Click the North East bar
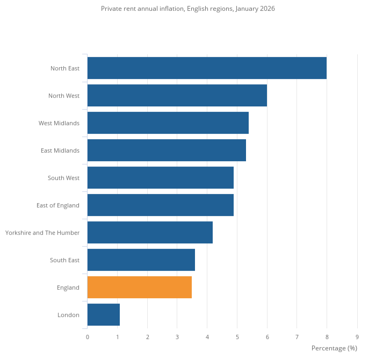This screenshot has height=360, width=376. coord(207,68)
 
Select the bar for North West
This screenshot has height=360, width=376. coord(177,96)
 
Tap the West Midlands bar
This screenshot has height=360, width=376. coord(168,123)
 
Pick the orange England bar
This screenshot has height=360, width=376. coord(139,287)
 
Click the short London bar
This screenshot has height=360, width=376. coord(103,315)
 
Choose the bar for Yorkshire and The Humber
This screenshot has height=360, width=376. coord(150,233)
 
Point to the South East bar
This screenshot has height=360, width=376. coord(141,260)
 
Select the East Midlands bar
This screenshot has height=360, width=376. coord(167,150)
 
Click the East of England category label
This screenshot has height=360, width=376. coord(58,205)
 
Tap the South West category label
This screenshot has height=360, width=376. coord(63,178)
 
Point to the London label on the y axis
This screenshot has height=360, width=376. coord(68,315)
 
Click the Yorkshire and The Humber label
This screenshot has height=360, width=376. coord(42,233)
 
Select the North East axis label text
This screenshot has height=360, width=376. coord(65,68)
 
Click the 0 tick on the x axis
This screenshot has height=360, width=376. coord(88,337)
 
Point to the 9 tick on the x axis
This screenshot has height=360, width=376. coord(357,337)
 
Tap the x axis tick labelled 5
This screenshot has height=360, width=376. coord(237,337)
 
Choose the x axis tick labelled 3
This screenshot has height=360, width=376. coord(177,337)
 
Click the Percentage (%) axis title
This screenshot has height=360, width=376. coord(334,348)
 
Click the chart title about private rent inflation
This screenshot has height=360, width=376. coord(188,9)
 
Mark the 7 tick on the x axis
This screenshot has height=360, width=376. coord(297,337)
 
